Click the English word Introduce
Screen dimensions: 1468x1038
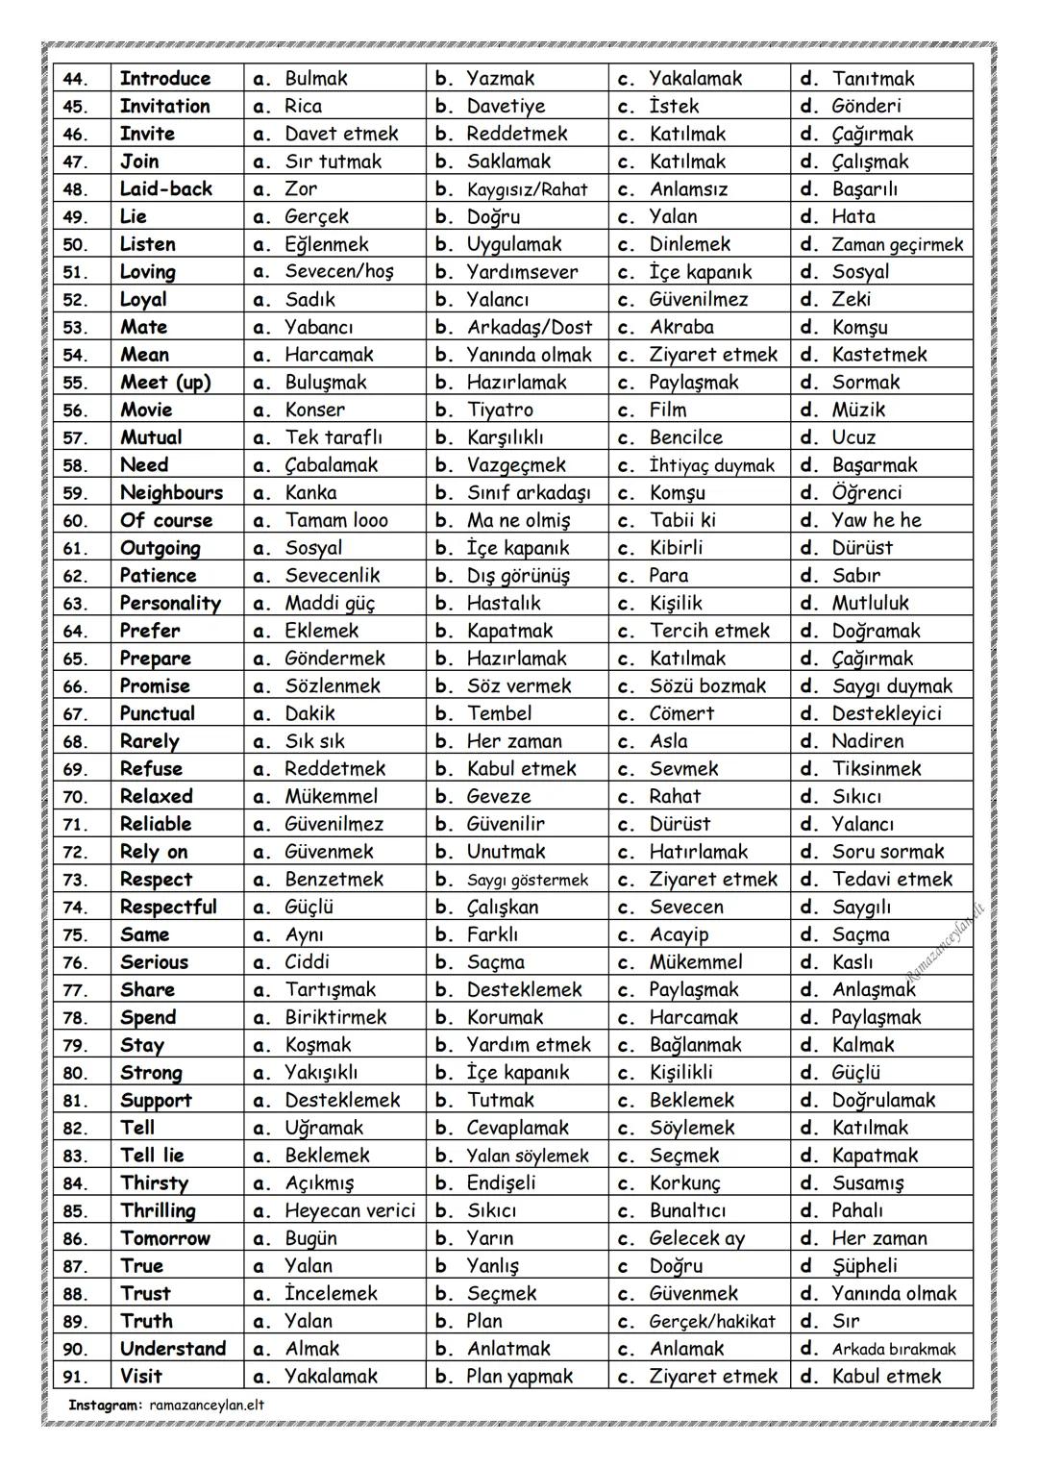click(164, 79)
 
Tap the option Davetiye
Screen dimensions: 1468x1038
click(506, 107)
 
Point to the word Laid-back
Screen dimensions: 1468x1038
click(165, 189)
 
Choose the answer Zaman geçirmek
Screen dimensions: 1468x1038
click(897, 245)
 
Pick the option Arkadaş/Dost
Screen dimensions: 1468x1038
click(530, 328)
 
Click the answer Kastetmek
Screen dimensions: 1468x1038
click(879, 355)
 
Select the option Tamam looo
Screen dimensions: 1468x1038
click(336, 521)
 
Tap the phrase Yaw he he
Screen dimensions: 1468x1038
click(876, 521)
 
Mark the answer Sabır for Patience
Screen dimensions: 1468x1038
click(855, 576)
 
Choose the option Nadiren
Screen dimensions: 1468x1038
click(867, 741)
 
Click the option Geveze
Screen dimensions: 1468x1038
click(498, 797)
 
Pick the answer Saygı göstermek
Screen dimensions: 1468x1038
click(528, 880)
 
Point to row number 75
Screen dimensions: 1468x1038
click(75, 935)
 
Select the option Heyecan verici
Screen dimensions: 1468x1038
click(350, 1211)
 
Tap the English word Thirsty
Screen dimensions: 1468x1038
click(154, 1183)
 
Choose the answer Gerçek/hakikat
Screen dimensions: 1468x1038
click(712, 1322)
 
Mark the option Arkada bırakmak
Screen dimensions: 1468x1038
click(894, 1350)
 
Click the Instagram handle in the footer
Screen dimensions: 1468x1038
click(207, 1405)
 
